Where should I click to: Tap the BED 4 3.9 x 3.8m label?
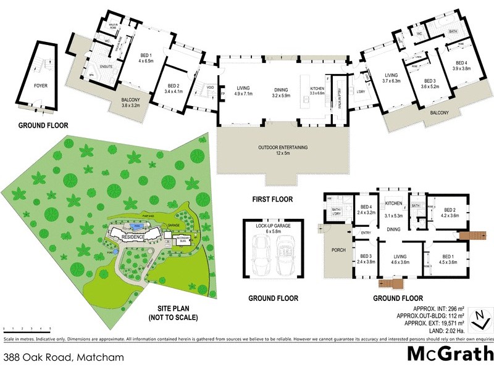[462, 65]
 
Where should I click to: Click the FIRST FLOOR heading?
[272, 199]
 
